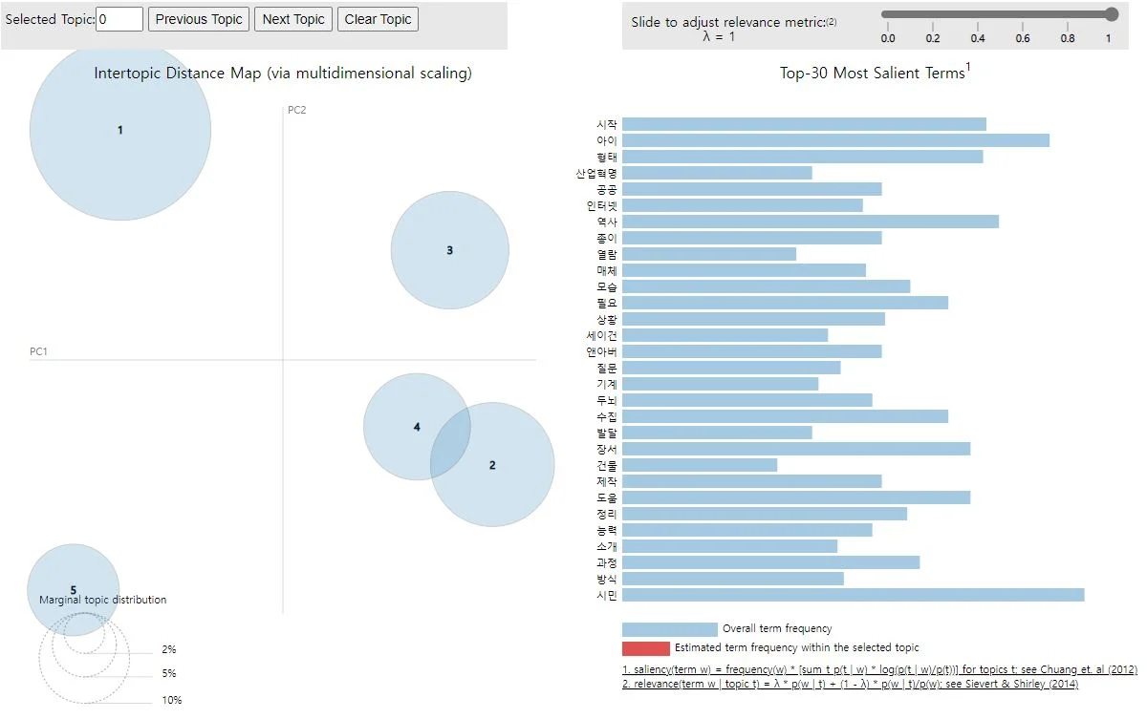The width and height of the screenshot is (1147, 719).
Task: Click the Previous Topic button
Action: [x=199, y=19]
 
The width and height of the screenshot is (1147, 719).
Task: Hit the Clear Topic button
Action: [x=378, y=19]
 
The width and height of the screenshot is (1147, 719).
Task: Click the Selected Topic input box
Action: [x=119, y=19]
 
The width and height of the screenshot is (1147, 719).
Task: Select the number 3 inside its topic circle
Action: [x=449, y=251]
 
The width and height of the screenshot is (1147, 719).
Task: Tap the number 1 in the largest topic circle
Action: [x=120, y=130]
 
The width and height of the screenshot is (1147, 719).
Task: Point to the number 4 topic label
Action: [x=417, y=427]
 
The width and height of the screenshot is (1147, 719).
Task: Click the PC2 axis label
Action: [x=296, y=110]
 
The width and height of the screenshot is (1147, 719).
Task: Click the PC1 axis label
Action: [x=38, y=352]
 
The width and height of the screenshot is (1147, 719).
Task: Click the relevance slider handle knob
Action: [x=1111, y=14]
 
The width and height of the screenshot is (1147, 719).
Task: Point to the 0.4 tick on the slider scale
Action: [x=978, y=38]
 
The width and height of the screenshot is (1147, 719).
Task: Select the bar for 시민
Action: [x=853, y=595]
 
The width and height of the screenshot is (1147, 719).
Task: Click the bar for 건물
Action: [x=700, y=465]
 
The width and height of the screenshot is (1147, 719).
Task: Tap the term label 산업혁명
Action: [x=596, y=173]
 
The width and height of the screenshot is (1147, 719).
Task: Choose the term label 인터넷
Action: [x=602, y=205]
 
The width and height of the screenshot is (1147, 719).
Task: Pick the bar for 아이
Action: [x=835, y=140]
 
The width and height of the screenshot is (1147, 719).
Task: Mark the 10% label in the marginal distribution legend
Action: [x=171, y=700]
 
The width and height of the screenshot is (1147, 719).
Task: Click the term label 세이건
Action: [x=602, y=335]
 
